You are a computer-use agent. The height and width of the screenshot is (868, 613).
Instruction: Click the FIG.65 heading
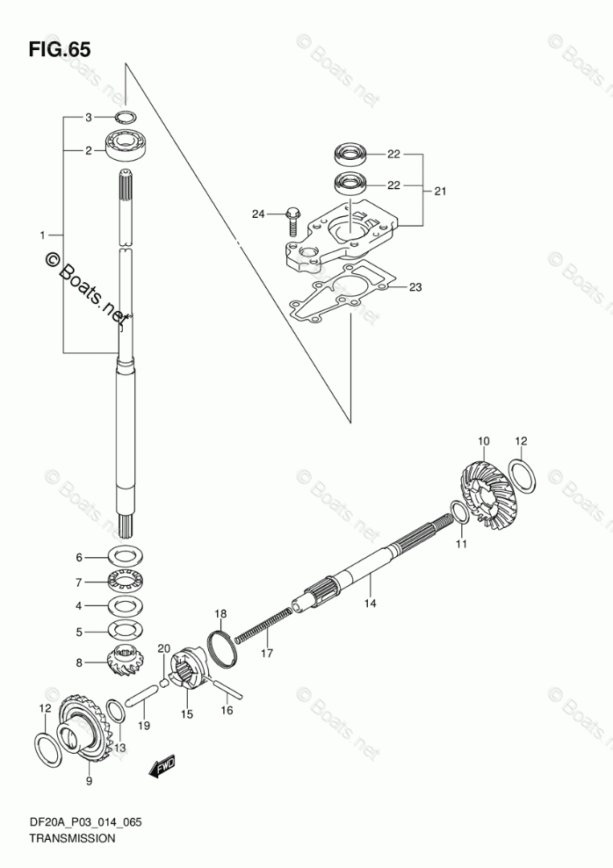pos(60,49)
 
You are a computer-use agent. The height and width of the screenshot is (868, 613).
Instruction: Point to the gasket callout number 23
pos(415,286)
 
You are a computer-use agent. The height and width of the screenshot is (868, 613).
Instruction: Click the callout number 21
pos(439,191)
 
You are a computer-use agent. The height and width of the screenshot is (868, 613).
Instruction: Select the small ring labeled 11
pos(460,511)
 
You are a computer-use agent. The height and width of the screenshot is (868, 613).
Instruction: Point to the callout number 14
pos(370,603)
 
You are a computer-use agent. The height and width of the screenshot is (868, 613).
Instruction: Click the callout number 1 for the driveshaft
pos(42,235)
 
